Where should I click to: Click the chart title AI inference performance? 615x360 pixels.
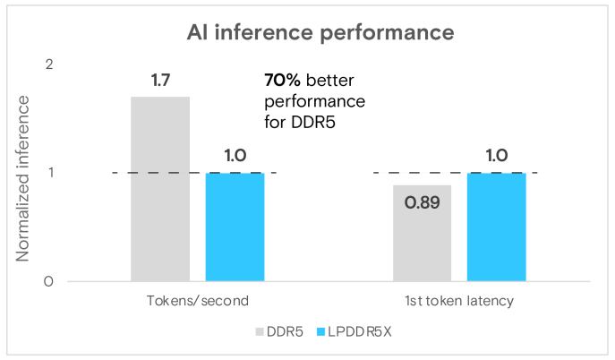320,33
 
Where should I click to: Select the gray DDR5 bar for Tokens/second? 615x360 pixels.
160,188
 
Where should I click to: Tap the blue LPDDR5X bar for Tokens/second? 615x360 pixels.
235,227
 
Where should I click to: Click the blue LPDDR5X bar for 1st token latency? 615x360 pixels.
496,227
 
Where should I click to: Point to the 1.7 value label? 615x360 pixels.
161,81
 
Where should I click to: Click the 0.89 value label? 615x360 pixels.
422,202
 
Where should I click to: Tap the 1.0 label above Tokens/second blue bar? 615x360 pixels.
235,156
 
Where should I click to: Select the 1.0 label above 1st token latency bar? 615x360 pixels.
497,156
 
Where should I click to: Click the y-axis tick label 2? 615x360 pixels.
50,64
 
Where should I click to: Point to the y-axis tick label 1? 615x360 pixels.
50,173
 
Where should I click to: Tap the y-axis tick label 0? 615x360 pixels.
50,281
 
